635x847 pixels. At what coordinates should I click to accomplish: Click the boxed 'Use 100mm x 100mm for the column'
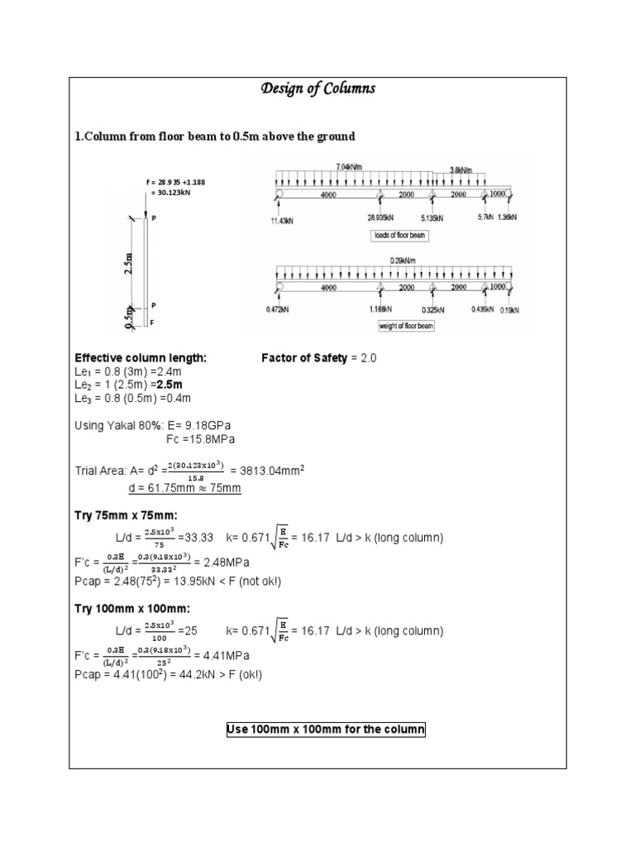click(x=326, y=730)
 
